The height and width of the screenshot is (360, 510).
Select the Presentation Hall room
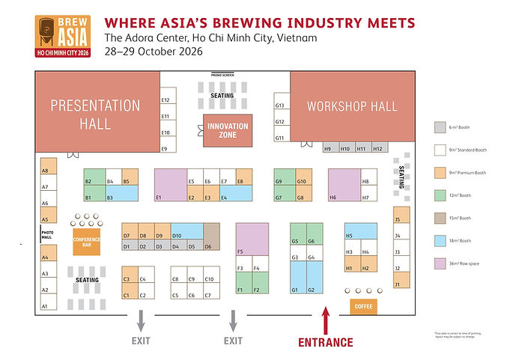[x=95, y=113]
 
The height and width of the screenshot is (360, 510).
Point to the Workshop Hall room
[x=352, y=106]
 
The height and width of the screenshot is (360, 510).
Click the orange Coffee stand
[x=363, y=306]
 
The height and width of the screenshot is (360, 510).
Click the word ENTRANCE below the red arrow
[x=326, y=343]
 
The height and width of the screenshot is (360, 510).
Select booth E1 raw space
[x=170, y=185]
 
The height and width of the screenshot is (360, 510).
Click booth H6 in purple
[x=344, y=185]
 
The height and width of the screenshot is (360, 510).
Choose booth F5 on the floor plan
[x=252, y=240]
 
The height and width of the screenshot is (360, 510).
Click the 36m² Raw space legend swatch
[x=440, y=263]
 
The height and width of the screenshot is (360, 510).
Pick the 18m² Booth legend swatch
[x=440, y=241]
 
